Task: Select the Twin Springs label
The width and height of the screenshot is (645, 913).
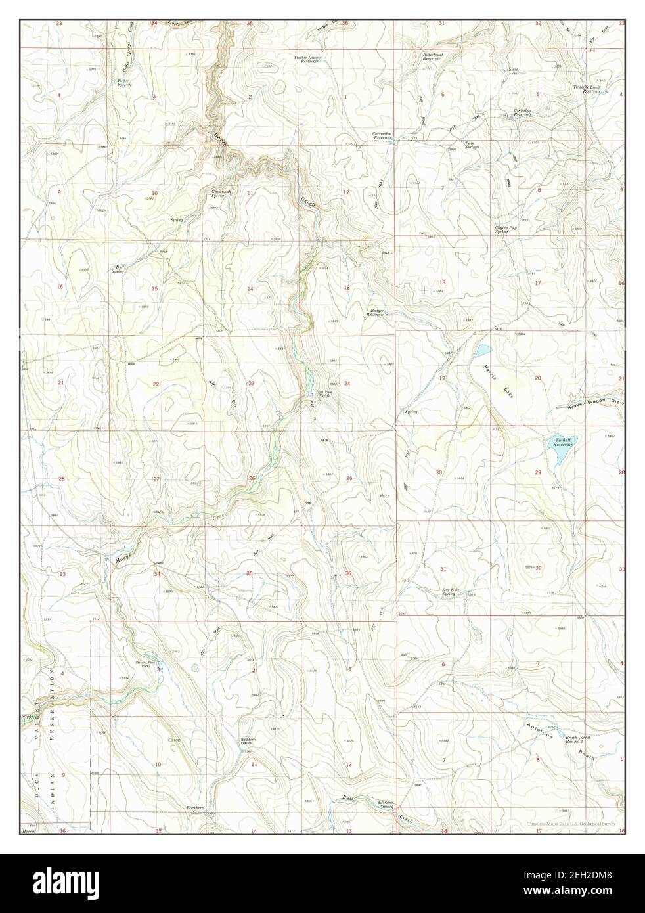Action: point(471,145)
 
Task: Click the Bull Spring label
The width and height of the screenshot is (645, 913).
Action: point(120,269)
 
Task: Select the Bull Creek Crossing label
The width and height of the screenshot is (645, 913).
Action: point(385,804)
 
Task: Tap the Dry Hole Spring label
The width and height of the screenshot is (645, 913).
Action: point(449,591)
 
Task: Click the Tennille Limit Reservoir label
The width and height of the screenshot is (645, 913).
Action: point(586,89)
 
